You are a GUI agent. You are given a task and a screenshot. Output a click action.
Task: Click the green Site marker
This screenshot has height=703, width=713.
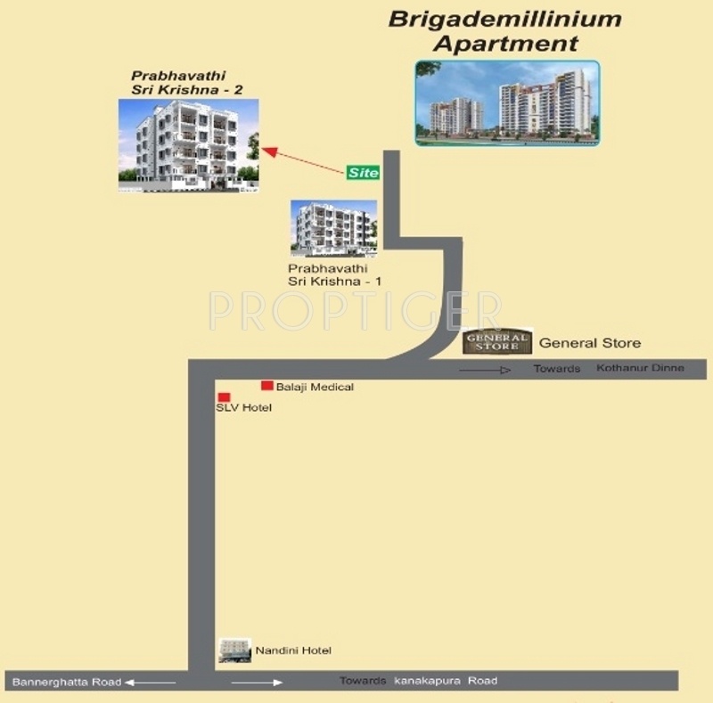pos(363,172)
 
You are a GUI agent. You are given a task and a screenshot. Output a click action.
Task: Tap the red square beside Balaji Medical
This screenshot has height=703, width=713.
pos(266,386)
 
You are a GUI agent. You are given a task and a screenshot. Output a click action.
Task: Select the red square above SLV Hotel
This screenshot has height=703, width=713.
pos(224,396)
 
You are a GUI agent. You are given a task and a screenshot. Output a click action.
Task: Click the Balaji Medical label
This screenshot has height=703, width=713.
pos(315,387)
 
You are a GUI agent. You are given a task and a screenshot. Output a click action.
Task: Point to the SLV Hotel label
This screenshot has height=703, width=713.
pos(243,408)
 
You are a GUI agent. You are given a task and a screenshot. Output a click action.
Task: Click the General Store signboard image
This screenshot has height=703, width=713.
pos(497,341)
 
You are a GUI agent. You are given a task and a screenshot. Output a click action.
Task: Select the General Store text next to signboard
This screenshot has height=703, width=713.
pos(590,343)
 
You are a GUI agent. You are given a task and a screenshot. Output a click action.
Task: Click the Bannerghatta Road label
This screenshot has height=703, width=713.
pos(66,682)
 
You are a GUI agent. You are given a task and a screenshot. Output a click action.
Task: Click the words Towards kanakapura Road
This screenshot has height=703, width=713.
pos(418,681)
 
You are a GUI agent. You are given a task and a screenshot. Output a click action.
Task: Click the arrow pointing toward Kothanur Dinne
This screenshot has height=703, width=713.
pos(486,369)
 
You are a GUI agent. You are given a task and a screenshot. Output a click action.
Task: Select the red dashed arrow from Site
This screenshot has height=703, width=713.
pos(305,161)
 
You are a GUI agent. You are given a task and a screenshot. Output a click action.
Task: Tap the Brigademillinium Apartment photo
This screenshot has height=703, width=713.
pos(507,102)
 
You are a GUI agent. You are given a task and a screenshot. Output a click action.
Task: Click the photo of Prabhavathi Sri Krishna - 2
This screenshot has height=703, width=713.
pos(189,145)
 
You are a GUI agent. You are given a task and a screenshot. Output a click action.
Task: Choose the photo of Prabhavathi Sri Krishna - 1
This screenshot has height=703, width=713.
pos(334,228)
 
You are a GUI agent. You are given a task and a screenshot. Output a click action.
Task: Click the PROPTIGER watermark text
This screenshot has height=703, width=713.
pos(355,310)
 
